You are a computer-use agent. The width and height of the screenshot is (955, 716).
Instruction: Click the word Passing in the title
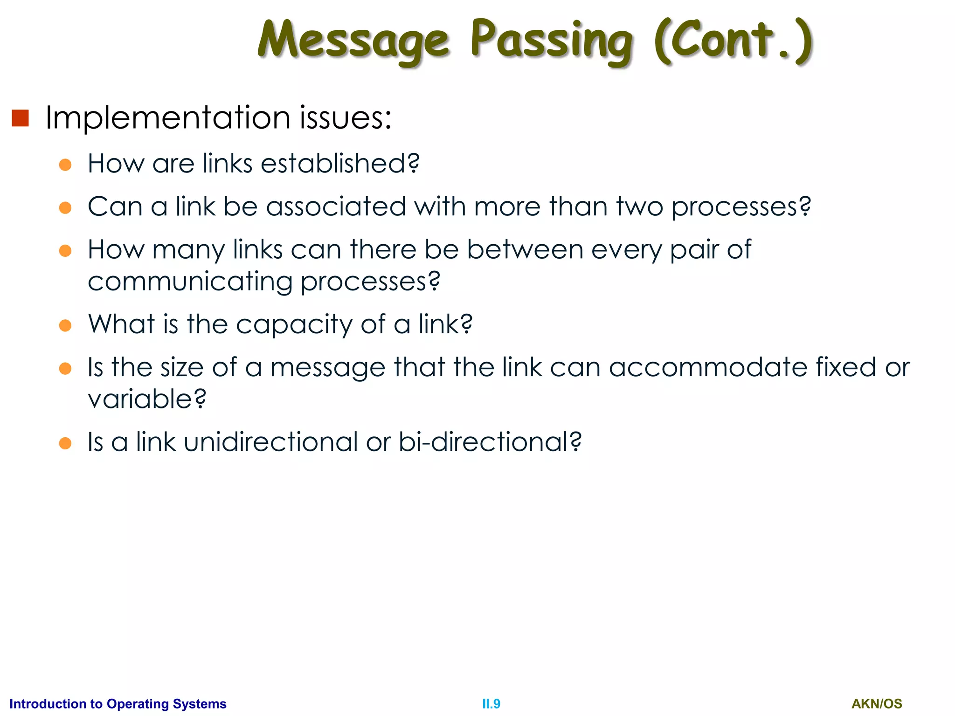(x=551, y=41)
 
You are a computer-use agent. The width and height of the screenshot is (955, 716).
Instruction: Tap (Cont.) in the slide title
(x=734, y=41)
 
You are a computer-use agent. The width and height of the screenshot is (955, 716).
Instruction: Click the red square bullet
(x=21, y=118)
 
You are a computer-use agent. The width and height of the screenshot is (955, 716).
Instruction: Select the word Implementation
(x=168, y=117)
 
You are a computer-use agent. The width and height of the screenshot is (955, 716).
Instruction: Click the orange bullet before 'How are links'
(x=65, y=165)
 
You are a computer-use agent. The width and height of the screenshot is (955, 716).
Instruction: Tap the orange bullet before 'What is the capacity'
(x=65, y=325)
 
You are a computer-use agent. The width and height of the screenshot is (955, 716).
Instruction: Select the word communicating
(x=190, y=282)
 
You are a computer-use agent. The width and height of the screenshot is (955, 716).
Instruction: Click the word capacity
(x=294, y=324)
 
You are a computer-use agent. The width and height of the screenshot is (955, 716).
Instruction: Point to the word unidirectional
(x=270, y=442)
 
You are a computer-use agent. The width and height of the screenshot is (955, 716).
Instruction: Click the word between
(x=525, y=250)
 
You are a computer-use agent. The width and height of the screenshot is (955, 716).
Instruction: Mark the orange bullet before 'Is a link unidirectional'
(x=65, y=443)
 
